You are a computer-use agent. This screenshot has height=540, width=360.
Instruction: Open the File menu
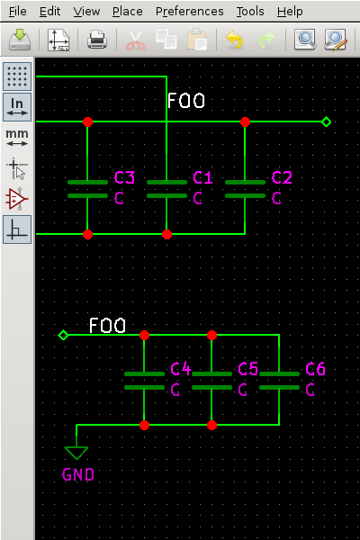click(x=17, y=12)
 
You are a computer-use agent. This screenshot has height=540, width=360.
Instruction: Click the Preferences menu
click(x=189, y=12)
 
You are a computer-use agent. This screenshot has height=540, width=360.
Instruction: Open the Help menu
click(x=290, y=12)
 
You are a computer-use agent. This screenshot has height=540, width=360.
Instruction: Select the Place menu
click(x=128, y=12)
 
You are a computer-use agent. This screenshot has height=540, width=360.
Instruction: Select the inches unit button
click(x=17, y=106)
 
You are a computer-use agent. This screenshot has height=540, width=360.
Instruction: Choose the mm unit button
click(x=17, y=137)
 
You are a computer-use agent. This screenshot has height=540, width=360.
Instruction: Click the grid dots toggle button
click(x=17, y=76)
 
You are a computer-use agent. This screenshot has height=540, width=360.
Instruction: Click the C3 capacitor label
click(x=124, y=177)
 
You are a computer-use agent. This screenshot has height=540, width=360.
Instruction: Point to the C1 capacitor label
click(x=203, y=177)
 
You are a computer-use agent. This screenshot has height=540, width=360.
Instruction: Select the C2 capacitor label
click(x=282, y=177)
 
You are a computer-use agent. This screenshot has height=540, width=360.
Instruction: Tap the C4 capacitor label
click(x=181, y=369)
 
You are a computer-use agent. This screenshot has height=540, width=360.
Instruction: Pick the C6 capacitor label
click(x=316, y=369)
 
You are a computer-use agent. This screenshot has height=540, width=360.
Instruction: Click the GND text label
click(x=77, y=474)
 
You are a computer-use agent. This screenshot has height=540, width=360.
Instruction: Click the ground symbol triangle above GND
click(x=76, y=452)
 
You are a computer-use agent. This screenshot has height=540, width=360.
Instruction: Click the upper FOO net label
click(x=185, y=101)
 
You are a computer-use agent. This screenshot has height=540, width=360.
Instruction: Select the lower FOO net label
click(x=107, y=325)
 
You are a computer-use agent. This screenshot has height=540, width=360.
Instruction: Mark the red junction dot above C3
click(x=87, y=121)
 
